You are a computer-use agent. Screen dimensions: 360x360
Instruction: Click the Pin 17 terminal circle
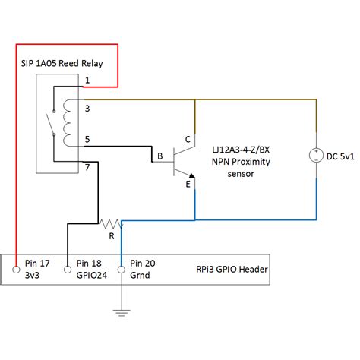(16, 270)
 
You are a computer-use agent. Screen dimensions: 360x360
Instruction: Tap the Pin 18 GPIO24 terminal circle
(68, 270)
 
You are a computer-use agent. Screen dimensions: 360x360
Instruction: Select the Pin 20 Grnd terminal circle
(122, 270)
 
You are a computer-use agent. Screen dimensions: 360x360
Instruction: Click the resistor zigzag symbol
(111, 224)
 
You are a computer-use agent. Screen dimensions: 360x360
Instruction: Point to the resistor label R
(112, 236)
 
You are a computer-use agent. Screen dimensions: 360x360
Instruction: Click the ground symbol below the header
(122, 313)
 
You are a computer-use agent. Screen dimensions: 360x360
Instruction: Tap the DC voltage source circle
(317, 156)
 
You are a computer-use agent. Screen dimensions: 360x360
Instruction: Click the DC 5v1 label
(340, 156)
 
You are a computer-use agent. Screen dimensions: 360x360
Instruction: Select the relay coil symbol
(68, 123)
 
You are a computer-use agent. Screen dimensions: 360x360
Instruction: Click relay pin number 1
(87, 81)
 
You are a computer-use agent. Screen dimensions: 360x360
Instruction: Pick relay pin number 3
(87, 109)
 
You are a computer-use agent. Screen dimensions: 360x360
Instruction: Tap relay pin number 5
(87, 139)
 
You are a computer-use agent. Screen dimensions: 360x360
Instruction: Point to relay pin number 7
(87, 167)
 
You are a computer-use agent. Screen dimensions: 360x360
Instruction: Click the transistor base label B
(160, 156)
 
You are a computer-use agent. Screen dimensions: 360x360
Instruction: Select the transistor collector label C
(188, 140)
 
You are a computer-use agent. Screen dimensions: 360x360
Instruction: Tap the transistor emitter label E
(188, 184)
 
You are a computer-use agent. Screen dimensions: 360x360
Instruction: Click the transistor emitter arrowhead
(192, 175)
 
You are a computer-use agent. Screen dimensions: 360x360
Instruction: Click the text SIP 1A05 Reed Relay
(62, 63)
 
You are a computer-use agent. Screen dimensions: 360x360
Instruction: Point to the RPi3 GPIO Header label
(232, 270)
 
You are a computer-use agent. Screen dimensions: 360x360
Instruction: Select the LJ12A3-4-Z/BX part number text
(241, 150)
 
